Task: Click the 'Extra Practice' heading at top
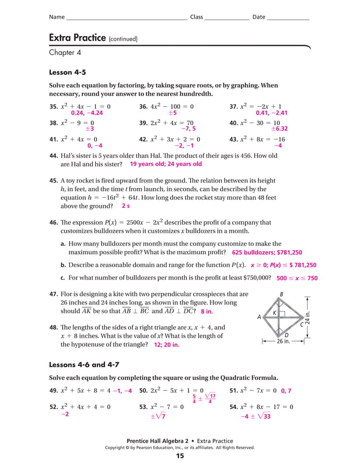77,38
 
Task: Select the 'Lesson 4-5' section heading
68,72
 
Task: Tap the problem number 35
54,106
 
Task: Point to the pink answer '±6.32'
280,129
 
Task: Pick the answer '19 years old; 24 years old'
165,164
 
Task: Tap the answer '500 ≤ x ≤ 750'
297,278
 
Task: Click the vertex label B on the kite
282,294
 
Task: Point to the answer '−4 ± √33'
256,417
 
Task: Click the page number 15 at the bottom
180,456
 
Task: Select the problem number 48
54,328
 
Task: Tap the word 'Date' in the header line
258,17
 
